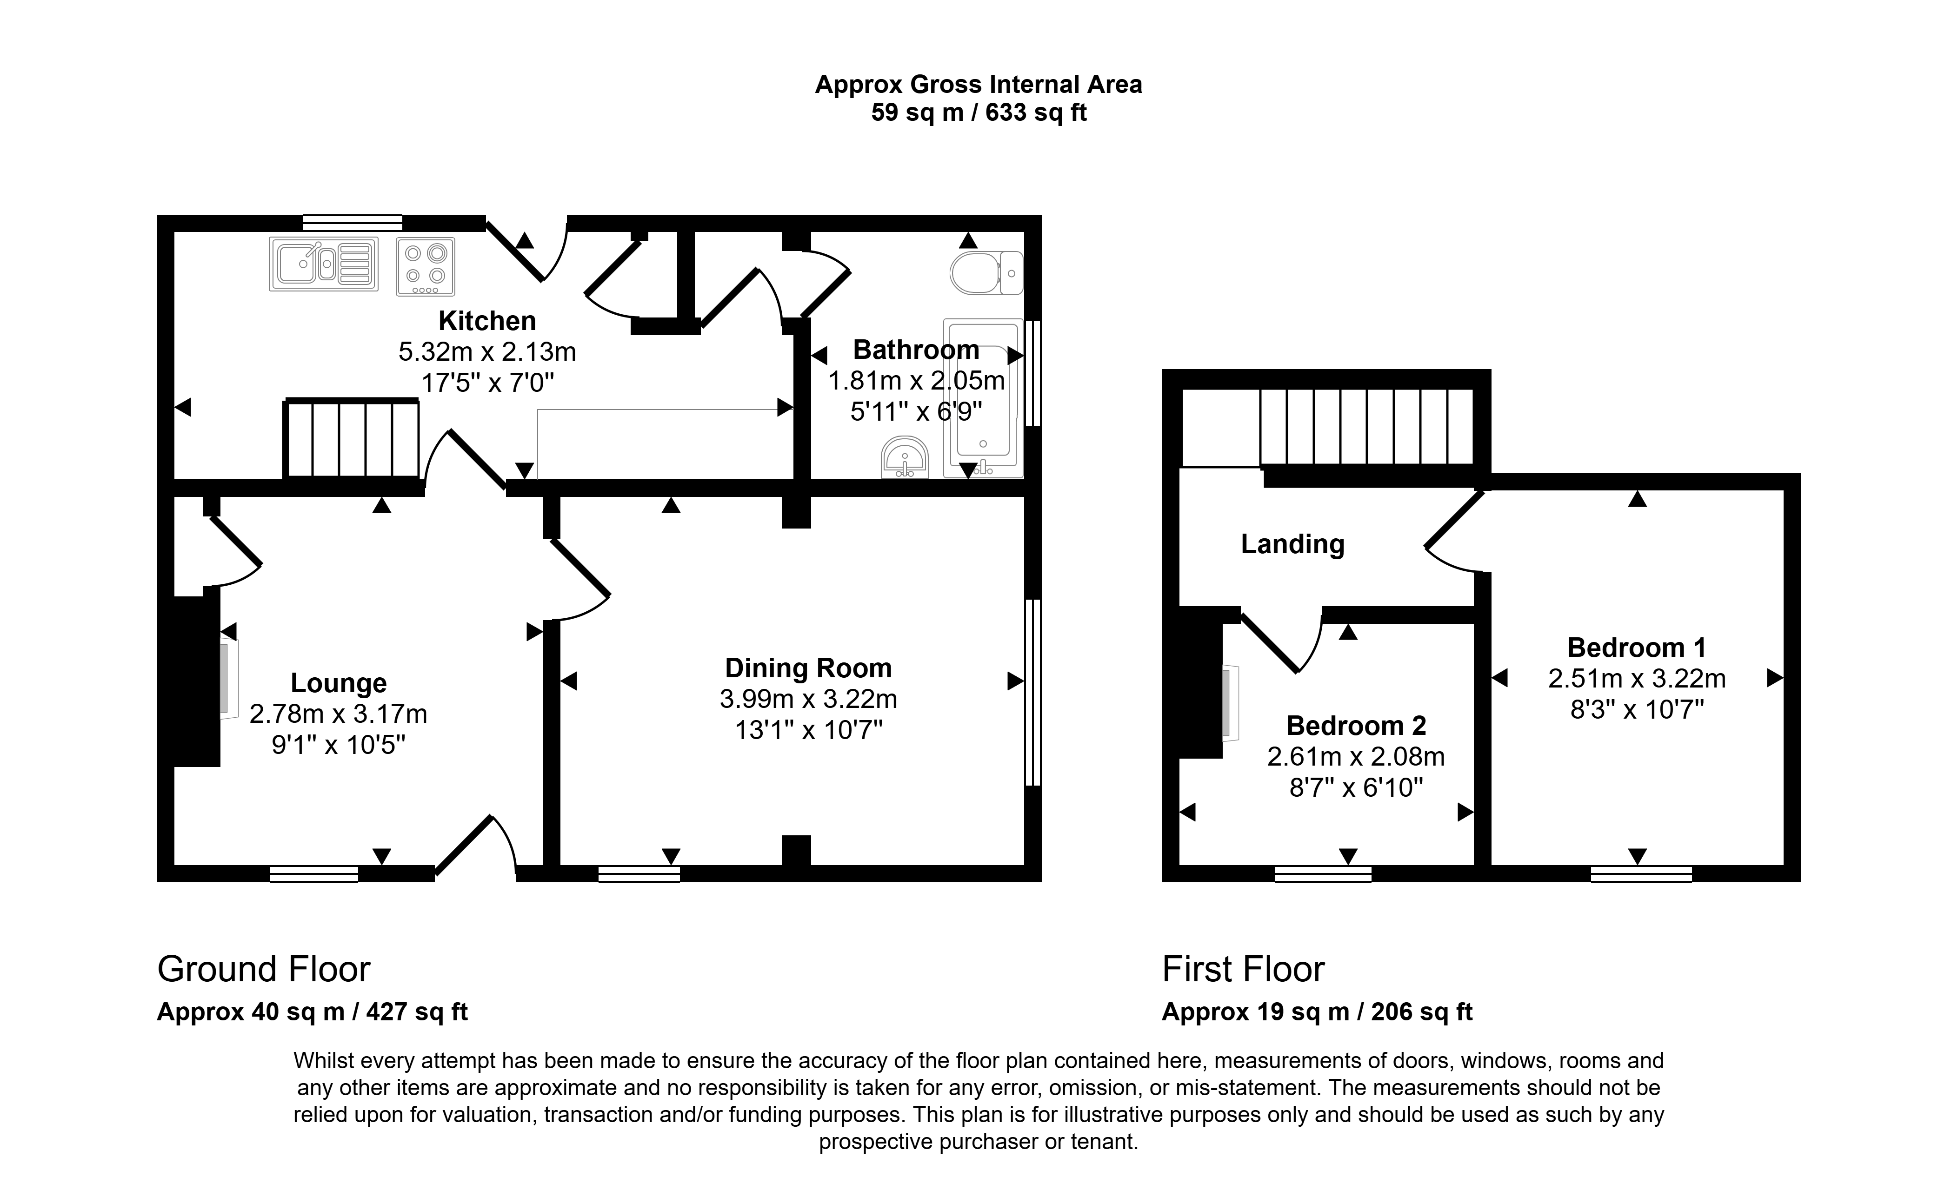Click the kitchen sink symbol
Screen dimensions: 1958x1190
(x=323, y=264)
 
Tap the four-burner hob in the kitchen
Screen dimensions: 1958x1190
(x=425, y=266)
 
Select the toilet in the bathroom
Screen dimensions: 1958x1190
(x=986, y=272)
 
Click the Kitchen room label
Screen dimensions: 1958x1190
(x=487, y=321)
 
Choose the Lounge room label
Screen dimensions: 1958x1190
(x=339, y=683)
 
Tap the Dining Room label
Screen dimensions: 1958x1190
(x=808, y=668)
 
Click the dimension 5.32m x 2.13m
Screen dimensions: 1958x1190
(x=487, y=352)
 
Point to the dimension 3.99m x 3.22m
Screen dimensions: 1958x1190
(x=808, y=699)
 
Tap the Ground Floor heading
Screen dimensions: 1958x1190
(x=264, y=969)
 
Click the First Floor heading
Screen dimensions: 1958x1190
(x=1244, y=969)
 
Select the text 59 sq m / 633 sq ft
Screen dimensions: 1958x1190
(x=979, y=113)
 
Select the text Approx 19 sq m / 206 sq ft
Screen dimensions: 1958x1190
(x=1318, y=1012)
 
